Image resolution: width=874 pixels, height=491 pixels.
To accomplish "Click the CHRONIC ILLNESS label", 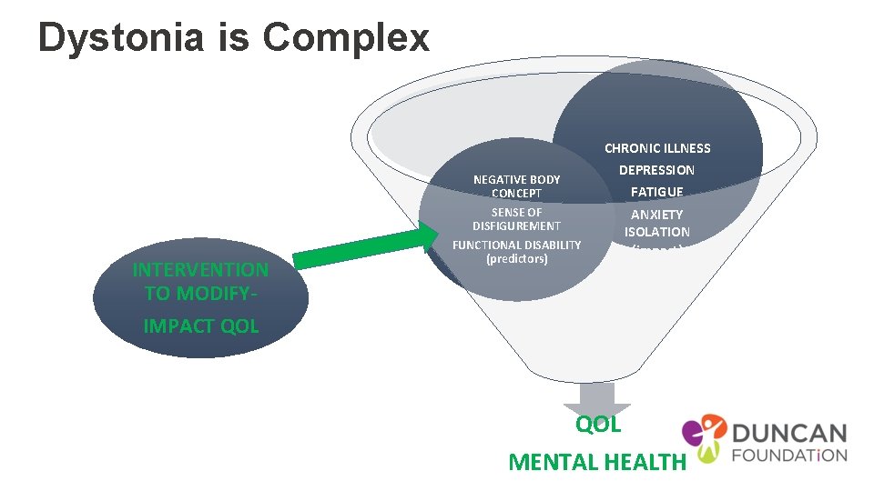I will pyautogui.click(x=657, y=148).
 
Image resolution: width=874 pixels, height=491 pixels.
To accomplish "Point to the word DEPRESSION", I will pyautogui.click(x=656, y=170).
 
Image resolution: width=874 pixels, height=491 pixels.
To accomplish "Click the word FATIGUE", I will pyautogui.click(x=656, y=192).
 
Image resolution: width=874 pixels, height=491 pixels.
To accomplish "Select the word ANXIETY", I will pyautogui.click(x=656, y=215).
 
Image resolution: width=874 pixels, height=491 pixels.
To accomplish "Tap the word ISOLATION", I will pyautogui.click(x=656, y=232).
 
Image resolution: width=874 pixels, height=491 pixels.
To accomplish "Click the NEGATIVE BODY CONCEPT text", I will pyautogui.click(x=516, y=186).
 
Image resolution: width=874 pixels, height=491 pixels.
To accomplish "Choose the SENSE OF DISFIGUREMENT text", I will pyautogui.click(x=516, y=219).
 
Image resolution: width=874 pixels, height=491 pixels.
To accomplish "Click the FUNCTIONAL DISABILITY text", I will pyautogui.click(x=516, y=245).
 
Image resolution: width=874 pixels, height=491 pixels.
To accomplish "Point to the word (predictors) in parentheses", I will pyautogui.click(x=516, y=259).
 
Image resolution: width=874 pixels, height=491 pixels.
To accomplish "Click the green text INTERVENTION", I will pyautogui.click(x=200, y=270).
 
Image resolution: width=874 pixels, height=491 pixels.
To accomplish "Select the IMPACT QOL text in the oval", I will pyautogui.click(x=200, y=326).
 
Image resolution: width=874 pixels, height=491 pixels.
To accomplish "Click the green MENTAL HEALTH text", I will pyautogui.click(x=596, y=462).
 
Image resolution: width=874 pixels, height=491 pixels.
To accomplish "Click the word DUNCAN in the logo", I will pyautogui.click(x=788, y=434).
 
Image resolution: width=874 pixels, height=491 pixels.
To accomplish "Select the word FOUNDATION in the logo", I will pyautogui.click(x=788, y=456).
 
